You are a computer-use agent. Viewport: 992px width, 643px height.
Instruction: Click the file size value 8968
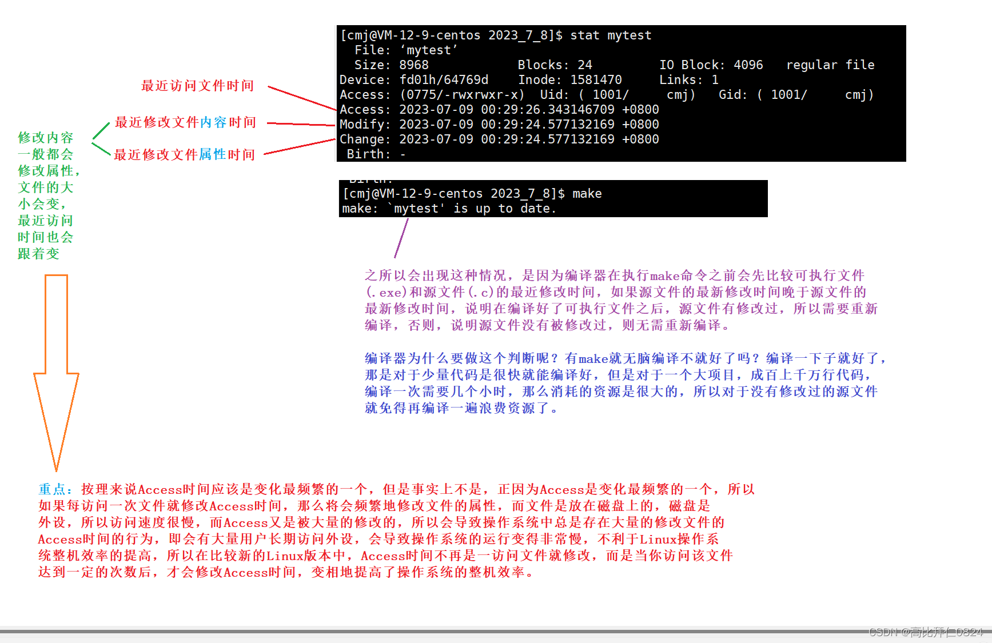[413, 65]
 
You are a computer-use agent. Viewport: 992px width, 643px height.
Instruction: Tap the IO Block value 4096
[748, 65]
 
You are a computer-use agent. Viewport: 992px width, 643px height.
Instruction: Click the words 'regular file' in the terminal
[830, 65]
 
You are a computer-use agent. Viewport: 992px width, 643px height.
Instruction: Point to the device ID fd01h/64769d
[444, 80]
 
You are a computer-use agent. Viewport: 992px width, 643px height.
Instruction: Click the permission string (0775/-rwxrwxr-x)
[462, 95]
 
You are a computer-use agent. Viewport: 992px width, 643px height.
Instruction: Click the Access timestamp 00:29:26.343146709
[547, 110]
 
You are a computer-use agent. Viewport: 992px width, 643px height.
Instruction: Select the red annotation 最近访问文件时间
[197, 86]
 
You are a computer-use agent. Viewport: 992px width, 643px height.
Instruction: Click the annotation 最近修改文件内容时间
[185, 122]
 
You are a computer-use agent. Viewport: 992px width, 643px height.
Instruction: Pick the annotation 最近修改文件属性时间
[184, 154]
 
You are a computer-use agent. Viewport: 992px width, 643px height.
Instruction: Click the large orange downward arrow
[56, 366]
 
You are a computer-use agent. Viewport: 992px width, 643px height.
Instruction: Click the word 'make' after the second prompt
[587, 194]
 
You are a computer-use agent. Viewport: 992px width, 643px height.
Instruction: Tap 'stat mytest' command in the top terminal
[611, 35]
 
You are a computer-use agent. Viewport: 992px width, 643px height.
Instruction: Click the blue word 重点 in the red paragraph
[52, 489]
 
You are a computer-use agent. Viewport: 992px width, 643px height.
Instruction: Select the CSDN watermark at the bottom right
[926, 632]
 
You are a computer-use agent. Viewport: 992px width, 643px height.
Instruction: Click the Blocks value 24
[584, 65]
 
